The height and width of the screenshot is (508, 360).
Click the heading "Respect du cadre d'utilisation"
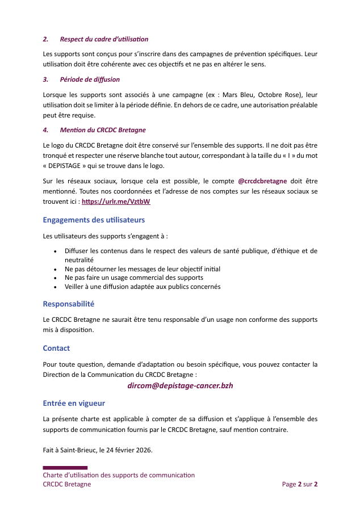click(104, 39)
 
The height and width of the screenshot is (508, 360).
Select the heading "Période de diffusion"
click(90, 79)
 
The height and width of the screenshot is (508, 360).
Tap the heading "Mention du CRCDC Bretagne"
click(103, 130)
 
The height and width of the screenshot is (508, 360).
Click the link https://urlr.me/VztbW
click(116, 201)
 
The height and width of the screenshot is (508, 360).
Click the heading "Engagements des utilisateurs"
click(94, 220)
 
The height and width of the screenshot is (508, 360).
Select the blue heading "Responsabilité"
click(68, 304)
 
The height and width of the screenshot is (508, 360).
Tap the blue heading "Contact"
click(56, 348)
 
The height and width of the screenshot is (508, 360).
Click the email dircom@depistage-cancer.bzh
click(180, 385)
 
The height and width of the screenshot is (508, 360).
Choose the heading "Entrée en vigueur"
click(74, 404)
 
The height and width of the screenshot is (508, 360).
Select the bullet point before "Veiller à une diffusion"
click(55, 287)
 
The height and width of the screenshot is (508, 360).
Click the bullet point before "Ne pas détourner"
click(55, 268)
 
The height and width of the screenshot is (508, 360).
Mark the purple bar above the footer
click(65, 467)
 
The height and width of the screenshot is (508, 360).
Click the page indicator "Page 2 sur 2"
click(299, 484)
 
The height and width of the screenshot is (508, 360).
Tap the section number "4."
click(45, 130)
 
